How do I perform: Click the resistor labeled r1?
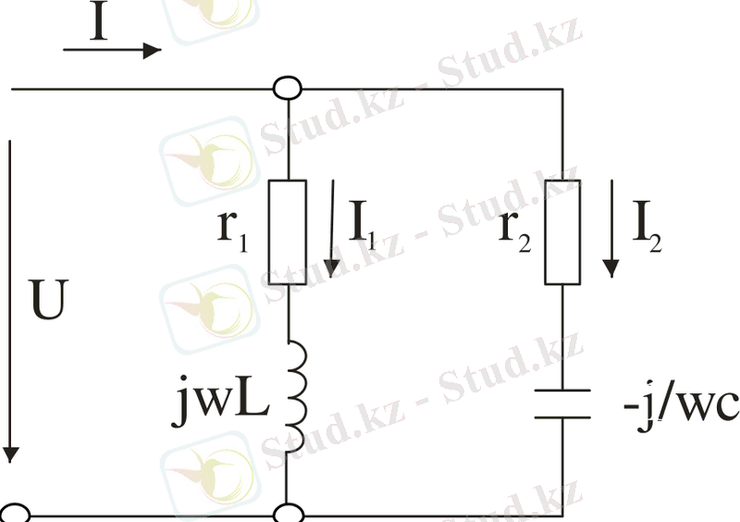tap(288, 231)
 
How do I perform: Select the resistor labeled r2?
tap(562, 231)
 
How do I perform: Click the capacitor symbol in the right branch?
tap(562, 404)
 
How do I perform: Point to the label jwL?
tap(220, 406)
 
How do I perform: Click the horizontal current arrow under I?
tap(111, 51)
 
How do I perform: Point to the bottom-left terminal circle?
tap(13, 515)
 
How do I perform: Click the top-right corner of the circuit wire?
tap(562, 90)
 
